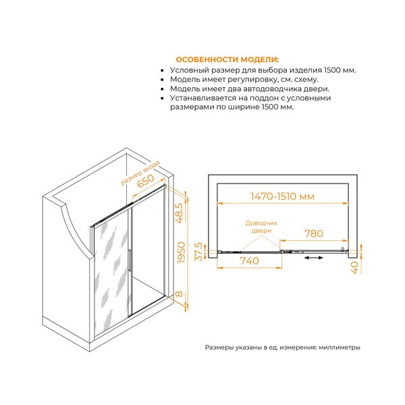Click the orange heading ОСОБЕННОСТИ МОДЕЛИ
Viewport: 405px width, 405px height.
pyautogui.click(x=227, y=59)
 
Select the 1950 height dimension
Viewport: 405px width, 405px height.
pyautogui.click(x=182, y=252)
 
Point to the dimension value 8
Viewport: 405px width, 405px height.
pyautogui.click(x=179, y=294)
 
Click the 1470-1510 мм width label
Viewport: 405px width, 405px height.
pyautogui.click(x=283, y=196)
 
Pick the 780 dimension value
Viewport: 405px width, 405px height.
pyautogui.click(x=314, y=234)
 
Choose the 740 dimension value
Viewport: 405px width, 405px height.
pyautogui.click(x=250, y=261)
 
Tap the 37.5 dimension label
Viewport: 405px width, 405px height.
pyautogui.click(x=198, y=251)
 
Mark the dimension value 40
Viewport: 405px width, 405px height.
pyautogui.click(x=355, y=267)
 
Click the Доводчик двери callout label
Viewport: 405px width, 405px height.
pyautogui.click(x=261, y=227)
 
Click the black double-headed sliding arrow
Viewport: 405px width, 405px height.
pyautogui.click(x=313, y=258)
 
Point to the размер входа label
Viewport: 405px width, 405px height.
pyautogui.click(x=140, y=173)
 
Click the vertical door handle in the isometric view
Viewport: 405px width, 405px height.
pyautogui.click(x=130, y=261)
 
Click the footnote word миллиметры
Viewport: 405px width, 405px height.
pyautogui.click(x=340, y=348)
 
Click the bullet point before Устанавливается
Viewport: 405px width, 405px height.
pyautogui.click(x=162, y=99)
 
